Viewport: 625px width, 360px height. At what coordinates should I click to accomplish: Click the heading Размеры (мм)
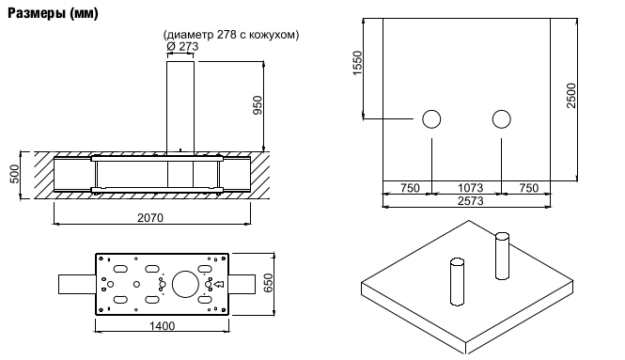(53, 13)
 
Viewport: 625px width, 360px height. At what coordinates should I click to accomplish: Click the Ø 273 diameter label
(182, 47)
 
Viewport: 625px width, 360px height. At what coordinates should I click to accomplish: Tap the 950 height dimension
(258, 105)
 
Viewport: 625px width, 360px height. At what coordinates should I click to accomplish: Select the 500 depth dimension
(14, 174)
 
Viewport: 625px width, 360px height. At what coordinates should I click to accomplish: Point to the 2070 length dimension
(150, 218)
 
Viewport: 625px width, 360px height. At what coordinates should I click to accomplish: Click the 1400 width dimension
(163, 326)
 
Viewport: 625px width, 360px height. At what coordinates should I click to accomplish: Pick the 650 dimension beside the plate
(269, 283)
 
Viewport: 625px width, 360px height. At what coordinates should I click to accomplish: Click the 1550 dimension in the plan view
(357, 63)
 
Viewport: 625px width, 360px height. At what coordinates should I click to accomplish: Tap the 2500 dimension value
(571, 95)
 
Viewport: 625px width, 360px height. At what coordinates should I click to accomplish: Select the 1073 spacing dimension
(470, 187)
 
